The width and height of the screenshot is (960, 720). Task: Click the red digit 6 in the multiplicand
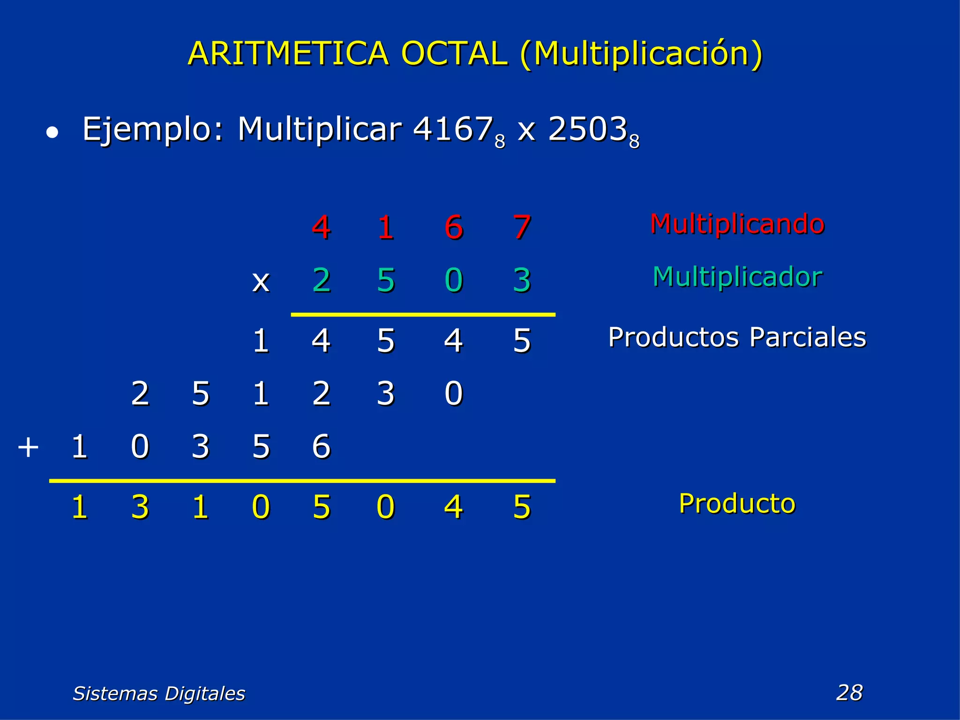[453, 228]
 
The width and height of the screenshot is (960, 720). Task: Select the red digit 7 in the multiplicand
[522, 228]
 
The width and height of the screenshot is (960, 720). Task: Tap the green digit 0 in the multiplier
[453, 280]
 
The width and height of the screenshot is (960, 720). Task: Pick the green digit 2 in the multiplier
[321, 280]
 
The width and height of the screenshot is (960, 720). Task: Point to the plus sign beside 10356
[28, 447]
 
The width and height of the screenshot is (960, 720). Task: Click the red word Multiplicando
[737, 224]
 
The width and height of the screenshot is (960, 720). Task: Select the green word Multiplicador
[737, 277]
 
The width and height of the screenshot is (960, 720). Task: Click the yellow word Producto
[737, 504]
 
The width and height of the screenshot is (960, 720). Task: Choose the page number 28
[849, 692]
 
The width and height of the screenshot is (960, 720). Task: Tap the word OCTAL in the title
[454, 53]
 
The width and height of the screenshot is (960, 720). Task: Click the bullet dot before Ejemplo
[52, 133]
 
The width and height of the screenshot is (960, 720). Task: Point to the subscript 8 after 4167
[500, 141]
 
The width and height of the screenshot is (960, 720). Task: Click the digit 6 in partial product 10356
[321, 447]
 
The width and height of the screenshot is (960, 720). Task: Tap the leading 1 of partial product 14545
[261, 341]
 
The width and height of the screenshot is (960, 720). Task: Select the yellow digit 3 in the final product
[140, 508]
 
